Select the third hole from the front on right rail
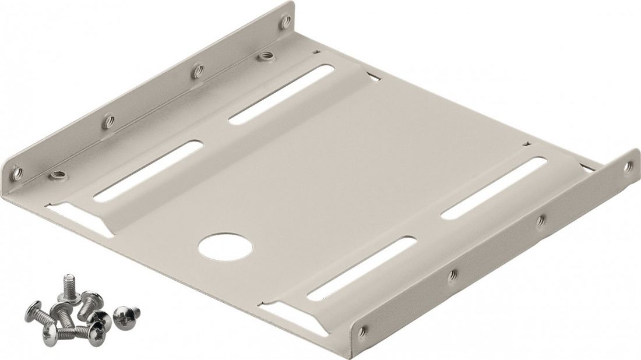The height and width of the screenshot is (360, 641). click(x=540, y=220)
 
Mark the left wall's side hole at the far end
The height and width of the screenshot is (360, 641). click(x=285, y=23)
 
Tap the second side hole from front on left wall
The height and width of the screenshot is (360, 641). click(x=108, y=122)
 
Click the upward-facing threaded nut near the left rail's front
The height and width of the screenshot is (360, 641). click(x=57, y=174)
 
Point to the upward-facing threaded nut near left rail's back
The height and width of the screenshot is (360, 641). click(x=267, y=57)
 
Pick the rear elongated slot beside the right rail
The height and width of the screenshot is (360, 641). click(x=495, y=188)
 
